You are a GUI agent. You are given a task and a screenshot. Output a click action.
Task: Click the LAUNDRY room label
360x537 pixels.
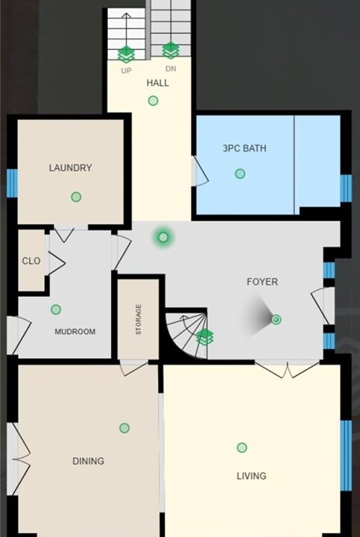point(71,168)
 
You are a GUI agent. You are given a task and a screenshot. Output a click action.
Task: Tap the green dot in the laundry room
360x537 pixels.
point(76,197)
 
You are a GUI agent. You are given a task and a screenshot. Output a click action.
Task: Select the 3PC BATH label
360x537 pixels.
point(244,148)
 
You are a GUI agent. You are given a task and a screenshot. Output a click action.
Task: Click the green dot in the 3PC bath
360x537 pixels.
point(240,174)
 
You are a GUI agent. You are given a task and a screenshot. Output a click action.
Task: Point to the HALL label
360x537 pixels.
point(158,83)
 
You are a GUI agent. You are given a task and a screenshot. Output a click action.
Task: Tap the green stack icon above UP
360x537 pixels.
point(126,54)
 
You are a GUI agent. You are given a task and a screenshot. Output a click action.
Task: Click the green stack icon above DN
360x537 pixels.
point(170,51)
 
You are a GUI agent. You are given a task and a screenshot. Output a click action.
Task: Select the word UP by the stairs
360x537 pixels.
point(126,71)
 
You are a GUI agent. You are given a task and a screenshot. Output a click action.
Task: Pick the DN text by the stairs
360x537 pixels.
point(171,69)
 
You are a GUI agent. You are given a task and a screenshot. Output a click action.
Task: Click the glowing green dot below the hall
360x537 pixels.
point(163,237)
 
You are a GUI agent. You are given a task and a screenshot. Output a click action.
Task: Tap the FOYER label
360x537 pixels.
point(262,282)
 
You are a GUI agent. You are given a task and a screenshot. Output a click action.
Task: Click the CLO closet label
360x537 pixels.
point(31,261)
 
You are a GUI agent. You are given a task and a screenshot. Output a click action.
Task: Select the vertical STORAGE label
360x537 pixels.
point(138,319)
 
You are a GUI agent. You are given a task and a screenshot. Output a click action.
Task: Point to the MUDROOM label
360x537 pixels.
point(75,331)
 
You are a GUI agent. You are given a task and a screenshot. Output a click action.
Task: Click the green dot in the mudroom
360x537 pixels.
point(56,310)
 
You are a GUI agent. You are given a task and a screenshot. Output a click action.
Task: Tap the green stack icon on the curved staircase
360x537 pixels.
point(205,337)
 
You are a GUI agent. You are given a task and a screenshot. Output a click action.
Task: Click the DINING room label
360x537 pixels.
point(88,461)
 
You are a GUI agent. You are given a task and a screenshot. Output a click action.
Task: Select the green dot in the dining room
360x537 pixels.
point(124,428)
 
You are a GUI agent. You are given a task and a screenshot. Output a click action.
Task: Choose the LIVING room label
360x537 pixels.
point(251,476)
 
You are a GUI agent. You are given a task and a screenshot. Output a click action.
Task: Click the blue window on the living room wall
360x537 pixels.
point(346,456)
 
